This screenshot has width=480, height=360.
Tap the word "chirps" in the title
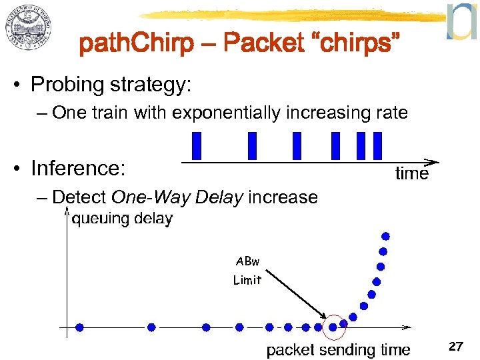tap(353, 45)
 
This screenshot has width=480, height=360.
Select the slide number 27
tap(456, 347)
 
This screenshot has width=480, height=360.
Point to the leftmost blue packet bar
tap(196, 146)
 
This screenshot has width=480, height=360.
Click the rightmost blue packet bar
tap(377, 146)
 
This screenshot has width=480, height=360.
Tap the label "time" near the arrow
tap(411, 174)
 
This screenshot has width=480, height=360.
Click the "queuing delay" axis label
tap(121, 218)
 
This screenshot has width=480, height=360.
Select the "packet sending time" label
tap(338, 349)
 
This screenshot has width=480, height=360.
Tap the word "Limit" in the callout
tap(247, 280)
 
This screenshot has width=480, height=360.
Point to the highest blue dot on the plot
tap(385, 236)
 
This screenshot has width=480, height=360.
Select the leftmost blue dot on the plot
tap(80, 327)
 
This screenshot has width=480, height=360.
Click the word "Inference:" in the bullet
tap(78, 169)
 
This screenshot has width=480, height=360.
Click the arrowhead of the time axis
tap(433, 162)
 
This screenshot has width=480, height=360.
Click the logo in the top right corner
tap(461, 21)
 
